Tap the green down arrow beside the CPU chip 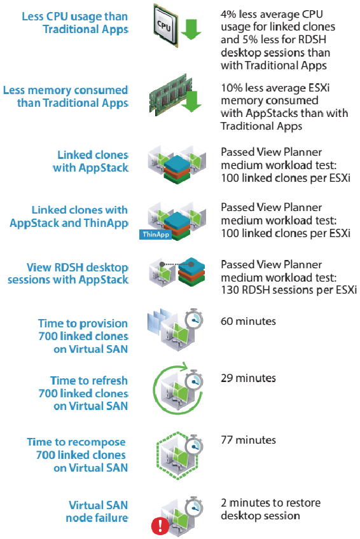[x=191, y=29]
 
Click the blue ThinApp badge [x=155, y=235]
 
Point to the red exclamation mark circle [x=160, y=525]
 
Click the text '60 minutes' [x=248, y=322]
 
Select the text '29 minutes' [x=248, y=378]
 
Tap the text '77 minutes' [x=248, y=440]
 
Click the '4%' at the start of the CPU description [x=228, y=15]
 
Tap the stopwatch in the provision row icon [x=194, y=319]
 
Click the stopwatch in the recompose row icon [x=194, y=446]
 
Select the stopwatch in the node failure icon [x=194, y=507]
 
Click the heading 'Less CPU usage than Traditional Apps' [x=75, y=23]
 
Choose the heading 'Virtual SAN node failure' [x=97, y=512]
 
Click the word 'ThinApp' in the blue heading [x=106, y=223]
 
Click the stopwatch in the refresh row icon [x=194, y=381]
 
